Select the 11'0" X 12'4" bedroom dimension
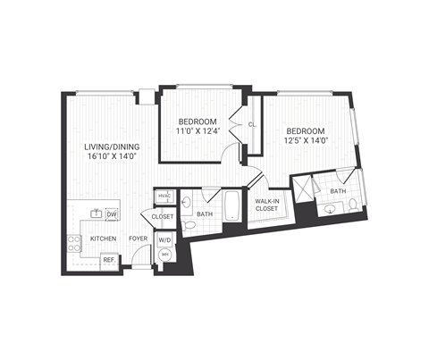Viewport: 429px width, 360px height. tap(196, 132)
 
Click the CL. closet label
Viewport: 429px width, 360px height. tap(253, 124)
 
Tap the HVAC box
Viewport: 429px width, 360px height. tap(164, 197)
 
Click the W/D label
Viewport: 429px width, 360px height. tap(164, 239)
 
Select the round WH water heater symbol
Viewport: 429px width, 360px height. tap(164, 255)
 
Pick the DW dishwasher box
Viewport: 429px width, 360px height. tap(113, 214)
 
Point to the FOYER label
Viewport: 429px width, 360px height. tap(137, 239)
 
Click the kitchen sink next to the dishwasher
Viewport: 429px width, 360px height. tap(95, 213)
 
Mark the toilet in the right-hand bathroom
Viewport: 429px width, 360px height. tap(355, 206)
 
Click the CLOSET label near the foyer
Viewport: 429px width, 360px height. tap(163, 217)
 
